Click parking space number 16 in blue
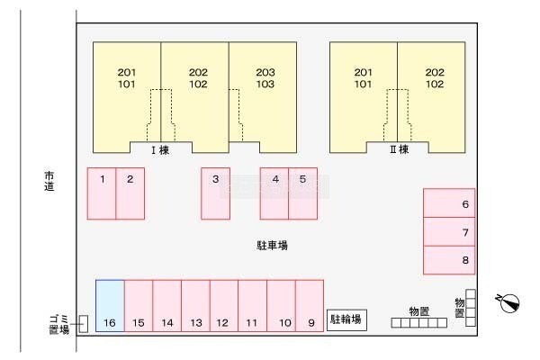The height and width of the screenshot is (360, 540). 110,306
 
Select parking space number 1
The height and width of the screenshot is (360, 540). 102,193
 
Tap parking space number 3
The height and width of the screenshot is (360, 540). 215,193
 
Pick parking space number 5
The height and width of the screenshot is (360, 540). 274,193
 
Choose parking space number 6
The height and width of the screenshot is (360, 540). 302,193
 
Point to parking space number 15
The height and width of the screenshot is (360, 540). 310,306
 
